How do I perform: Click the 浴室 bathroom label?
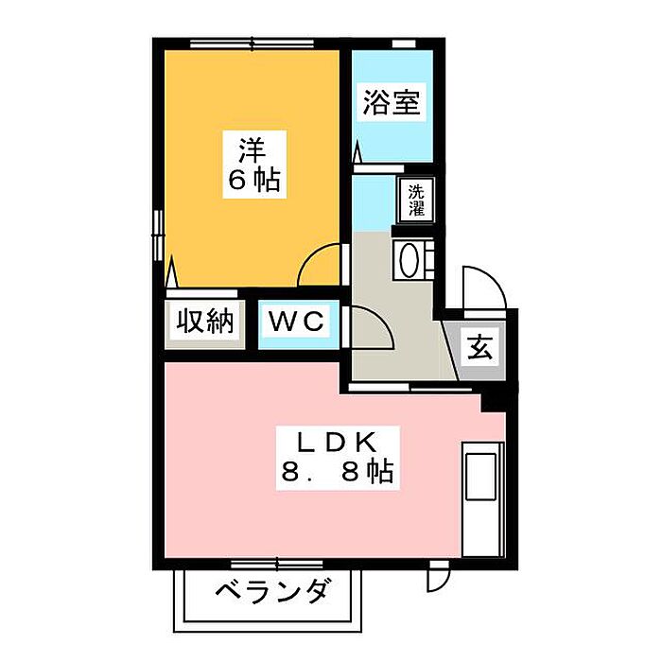click(x=390, y=103)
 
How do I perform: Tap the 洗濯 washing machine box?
click(x=416, y=200)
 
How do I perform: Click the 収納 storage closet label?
click(x=203, y=322)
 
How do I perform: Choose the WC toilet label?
click(x=297, y=322)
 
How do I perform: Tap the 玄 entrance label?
click(x=479, y=348)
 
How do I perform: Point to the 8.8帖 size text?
click(x=338, y=470)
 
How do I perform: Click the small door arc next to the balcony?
click(x=438, y=573)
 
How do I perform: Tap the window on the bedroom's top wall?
click(x=251, y=43)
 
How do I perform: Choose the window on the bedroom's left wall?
click(x=159, y=231)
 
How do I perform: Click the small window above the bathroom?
click(x=404, y=43)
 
